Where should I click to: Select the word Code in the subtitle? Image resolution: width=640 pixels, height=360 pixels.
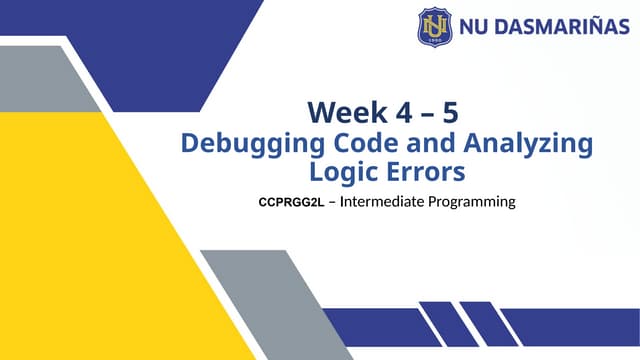tap(360, 142)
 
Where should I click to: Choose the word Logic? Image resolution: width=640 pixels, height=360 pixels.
tap(343, 171)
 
